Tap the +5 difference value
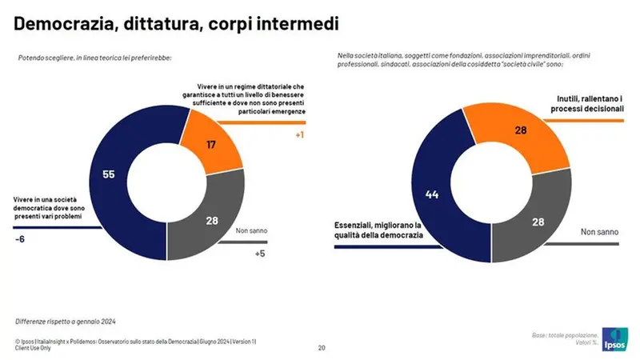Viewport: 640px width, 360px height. pyautogui.click(x=259, y=254)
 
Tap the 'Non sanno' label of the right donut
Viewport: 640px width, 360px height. pyautogui.click(x=600, y=232)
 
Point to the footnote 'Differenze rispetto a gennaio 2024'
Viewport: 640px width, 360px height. pyautogui.click(x=66, y=321)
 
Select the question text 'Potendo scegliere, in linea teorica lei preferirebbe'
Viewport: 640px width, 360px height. pyautogui.click(x=95, y=58)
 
